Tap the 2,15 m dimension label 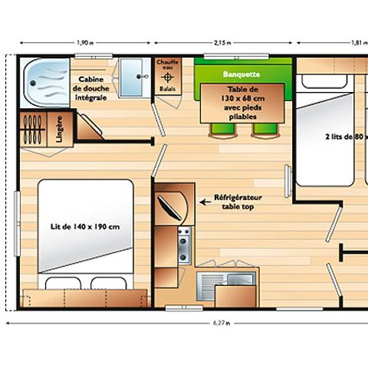click(224, 43)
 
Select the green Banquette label click(241, 74)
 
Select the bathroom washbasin click(135, 77)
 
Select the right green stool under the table click(263, 131)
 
